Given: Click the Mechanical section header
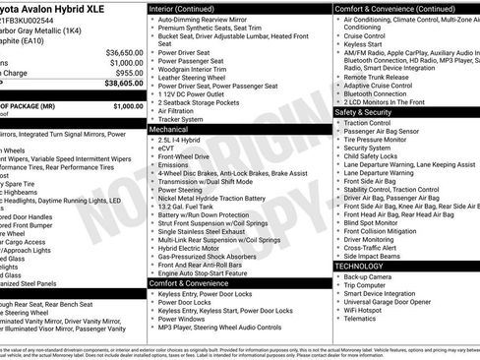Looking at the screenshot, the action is point(168,128).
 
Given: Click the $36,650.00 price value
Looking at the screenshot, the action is point(125,52).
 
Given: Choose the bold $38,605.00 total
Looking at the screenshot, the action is point(124,85).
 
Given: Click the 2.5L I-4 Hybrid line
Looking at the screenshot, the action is point(180,140).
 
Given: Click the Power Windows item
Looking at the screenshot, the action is point(181,318).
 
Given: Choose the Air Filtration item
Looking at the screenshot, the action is point(181,110).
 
